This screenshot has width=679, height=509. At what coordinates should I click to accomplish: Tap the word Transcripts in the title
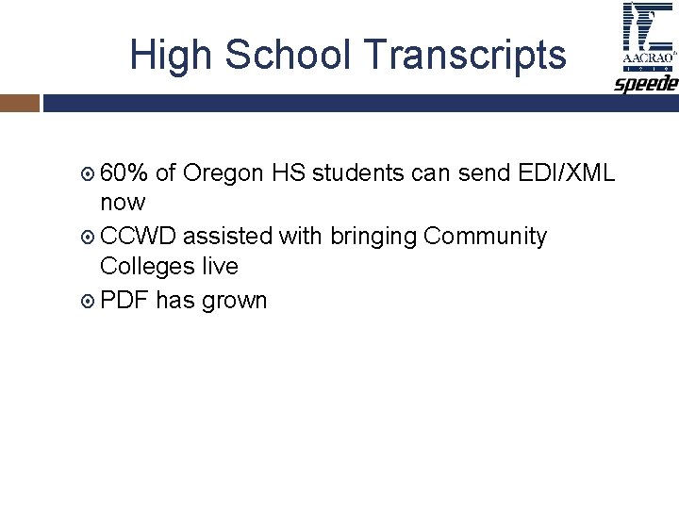point(466,56)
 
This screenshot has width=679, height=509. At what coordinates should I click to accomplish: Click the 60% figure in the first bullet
point(124,172)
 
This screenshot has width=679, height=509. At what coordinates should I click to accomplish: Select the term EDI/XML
point(567,172)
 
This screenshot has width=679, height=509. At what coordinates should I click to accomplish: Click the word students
point(353,172)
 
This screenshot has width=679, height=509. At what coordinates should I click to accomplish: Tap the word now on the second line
point(123,202)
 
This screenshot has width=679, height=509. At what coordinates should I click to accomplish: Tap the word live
point(220,266)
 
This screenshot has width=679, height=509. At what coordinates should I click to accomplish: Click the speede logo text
point(647,83)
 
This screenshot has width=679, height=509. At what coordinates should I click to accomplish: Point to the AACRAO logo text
point(648,58)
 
